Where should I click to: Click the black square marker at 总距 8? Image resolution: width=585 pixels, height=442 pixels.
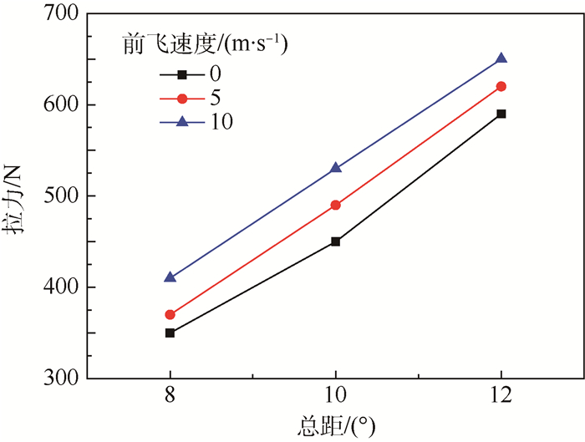pos(170,333)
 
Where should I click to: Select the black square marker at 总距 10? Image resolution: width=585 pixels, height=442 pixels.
pos(336,241)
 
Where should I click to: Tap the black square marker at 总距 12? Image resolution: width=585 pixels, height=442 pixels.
pos(501,114)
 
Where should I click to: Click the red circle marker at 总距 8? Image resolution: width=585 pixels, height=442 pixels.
pos(170,315)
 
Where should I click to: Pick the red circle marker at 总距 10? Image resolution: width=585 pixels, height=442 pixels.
pos(336,205)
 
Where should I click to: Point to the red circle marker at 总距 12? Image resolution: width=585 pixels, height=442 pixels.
pos(501,86)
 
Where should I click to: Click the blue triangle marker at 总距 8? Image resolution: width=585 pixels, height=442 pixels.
pos(170,277)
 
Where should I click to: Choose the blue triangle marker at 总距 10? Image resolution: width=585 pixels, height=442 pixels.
pos(336,168)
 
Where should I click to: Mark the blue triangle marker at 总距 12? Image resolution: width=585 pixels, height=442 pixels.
pos(501,58)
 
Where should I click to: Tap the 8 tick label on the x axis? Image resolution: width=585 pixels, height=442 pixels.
pos(170,397)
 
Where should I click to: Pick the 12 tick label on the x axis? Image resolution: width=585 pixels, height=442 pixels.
pos(501,397)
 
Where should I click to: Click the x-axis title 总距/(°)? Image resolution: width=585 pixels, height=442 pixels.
pos(334,424)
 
